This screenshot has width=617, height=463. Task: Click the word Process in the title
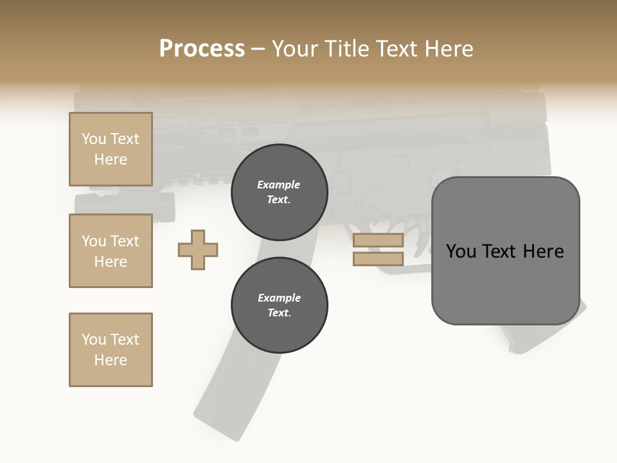202,49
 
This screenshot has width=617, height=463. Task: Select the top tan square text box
111,149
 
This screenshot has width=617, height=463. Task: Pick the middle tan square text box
111,251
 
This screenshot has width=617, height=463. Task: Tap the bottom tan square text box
111,350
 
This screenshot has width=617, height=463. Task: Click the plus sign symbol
198,249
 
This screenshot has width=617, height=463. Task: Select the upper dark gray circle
279,192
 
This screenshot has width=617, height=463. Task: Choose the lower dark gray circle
279,305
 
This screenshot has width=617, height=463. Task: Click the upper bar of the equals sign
378,241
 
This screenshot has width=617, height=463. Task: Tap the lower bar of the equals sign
378,259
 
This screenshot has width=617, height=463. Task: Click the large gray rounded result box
505,283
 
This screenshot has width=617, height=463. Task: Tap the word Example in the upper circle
279,185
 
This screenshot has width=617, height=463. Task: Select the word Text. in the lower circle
279,313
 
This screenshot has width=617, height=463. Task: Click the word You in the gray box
461,251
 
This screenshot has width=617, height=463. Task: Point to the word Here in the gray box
543,251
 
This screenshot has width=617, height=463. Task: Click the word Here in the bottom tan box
111,360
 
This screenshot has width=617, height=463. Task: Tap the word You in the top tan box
94,139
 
